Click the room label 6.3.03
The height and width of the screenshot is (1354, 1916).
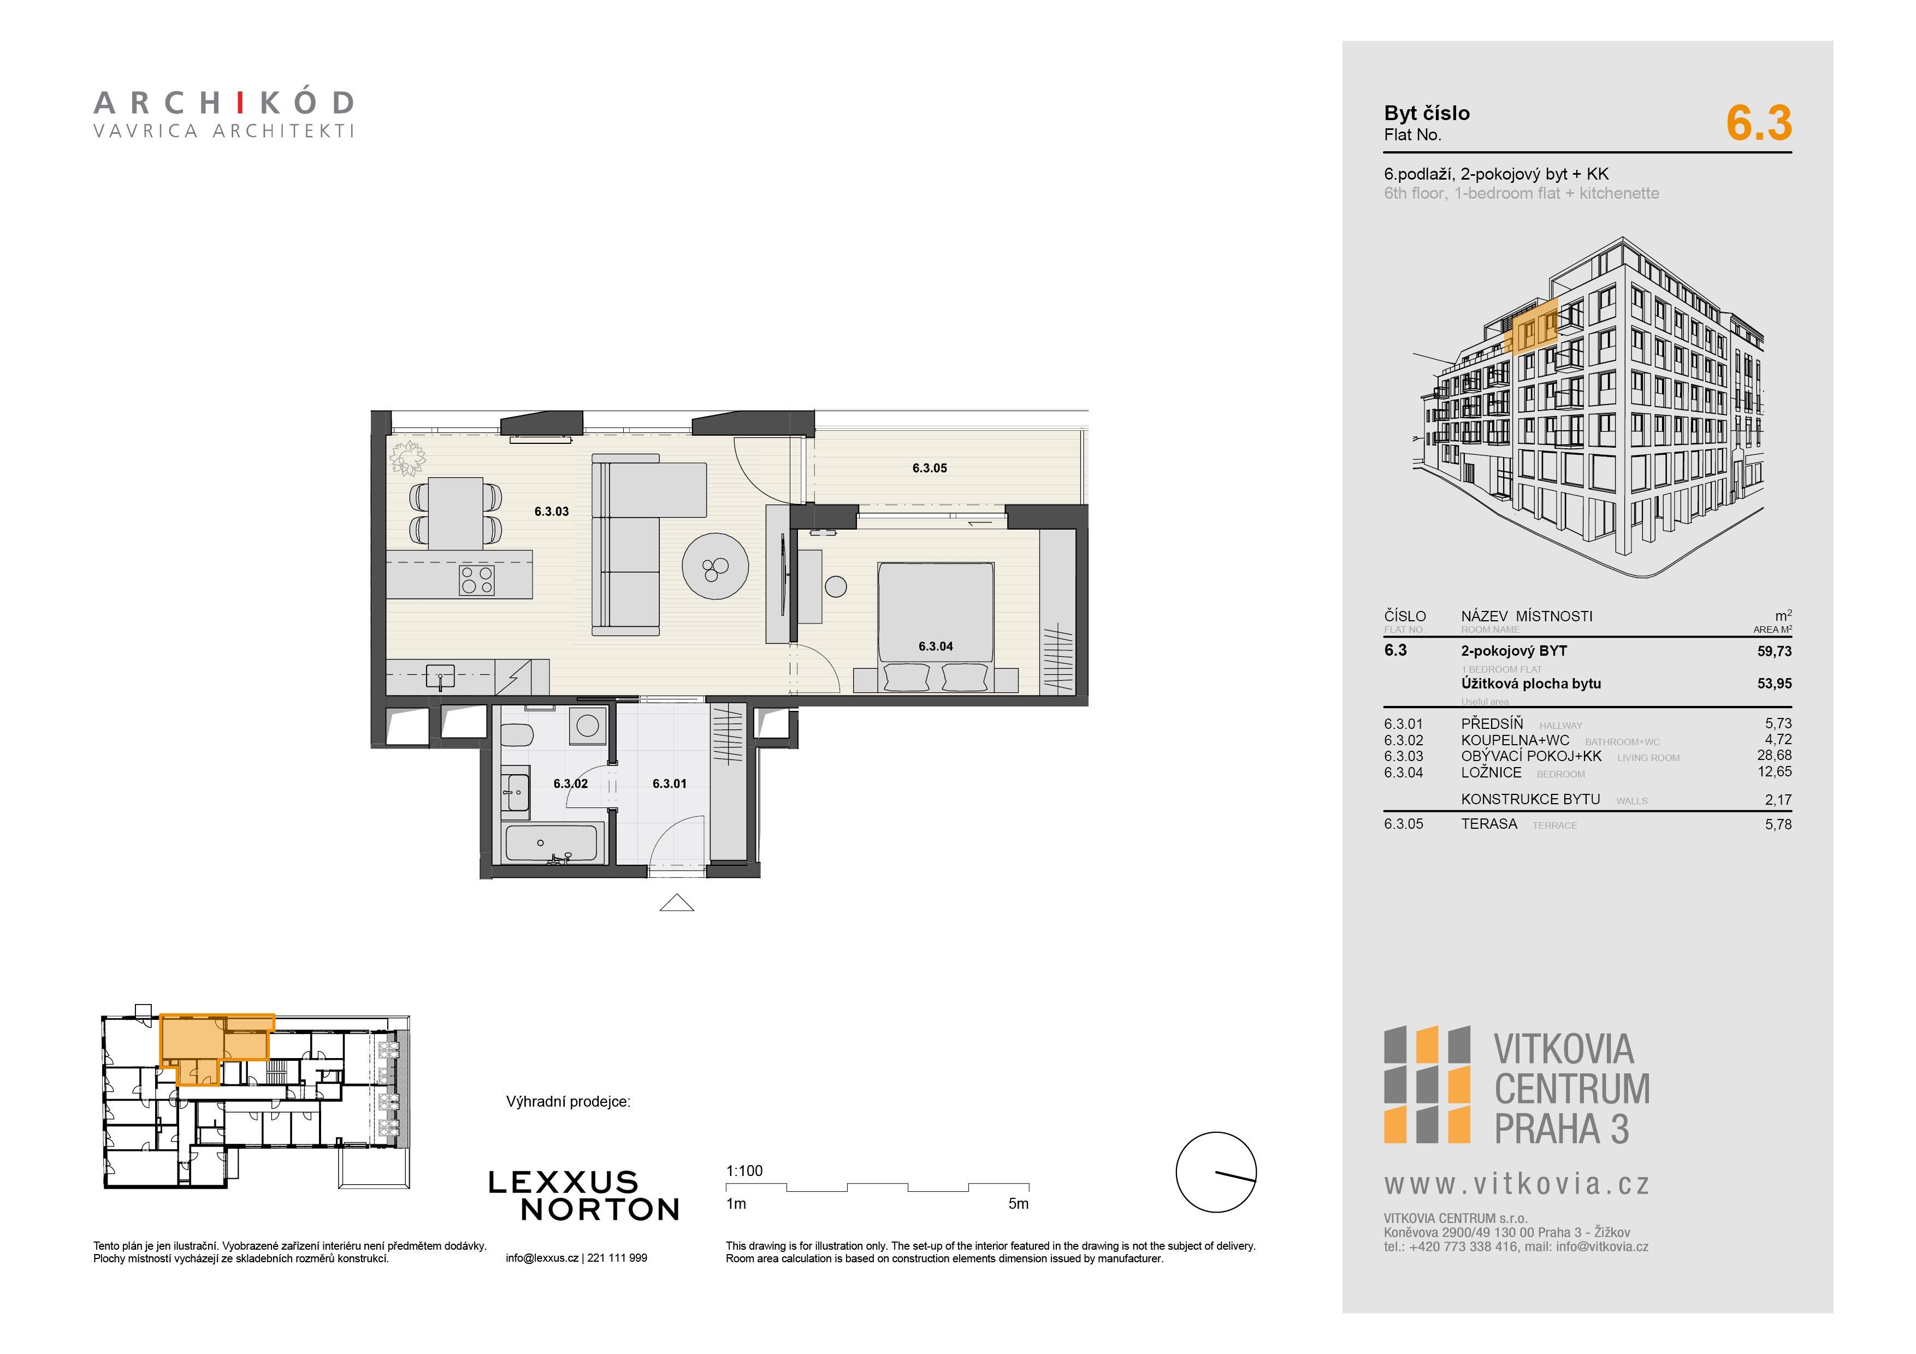tap(552, 512)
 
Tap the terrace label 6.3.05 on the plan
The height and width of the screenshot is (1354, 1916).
tap(930, 468)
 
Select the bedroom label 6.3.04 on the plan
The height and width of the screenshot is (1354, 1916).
tap(936, 646)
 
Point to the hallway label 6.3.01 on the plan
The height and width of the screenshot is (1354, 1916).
tap(669, 783)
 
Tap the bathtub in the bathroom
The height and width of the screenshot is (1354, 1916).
tap(552, 844)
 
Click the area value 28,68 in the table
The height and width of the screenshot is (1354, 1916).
tap(1774, 755)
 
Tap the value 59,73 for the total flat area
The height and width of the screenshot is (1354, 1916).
tap(1774, 651)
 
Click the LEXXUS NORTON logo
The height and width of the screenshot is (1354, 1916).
tap(583, 1196)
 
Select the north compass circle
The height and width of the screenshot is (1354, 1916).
tap(1216, 1172)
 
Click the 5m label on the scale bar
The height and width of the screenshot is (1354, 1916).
tap(1018, 1204)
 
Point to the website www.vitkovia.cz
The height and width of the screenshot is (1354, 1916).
tap(1516, 1185)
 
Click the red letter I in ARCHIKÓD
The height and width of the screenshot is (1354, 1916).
tap(239, 103)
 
